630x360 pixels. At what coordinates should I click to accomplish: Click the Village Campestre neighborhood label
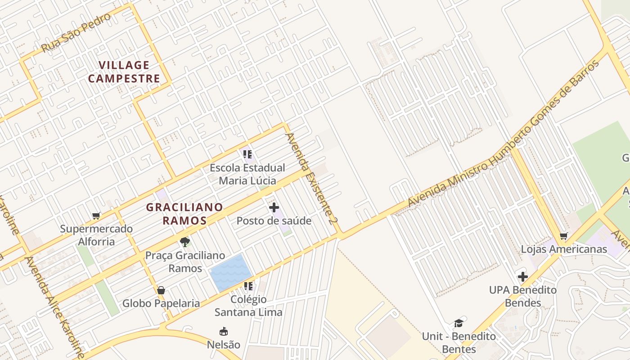(124, 72)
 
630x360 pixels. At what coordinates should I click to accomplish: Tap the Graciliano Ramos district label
(184, 214)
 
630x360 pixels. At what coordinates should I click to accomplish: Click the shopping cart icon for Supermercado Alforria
(96, 216)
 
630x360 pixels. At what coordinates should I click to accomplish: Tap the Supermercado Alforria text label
(96, 235)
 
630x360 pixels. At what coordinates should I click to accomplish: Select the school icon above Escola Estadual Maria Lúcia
(247, 155)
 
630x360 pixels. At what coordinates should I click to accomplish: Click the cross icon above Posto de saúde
(274, 207)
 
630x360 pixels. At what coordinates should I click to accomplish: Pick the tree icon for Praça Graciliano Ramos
(184, 242)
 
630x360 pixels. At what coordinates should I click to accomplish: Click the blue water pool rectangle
(231, 272)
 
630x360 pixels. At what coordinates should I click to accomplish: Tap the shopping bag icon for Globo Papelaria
(161, 290)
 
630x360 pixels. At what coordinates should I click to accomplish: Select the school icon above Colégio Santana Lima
(248, 286)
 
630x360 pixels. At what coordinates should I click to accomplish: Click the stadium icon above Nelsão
(223, 332)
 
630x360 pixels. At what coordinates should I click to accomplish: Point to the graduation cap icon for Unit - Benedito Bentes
(459, 323)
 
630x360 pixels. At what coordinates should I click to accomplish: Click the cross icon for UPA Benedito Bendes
(522, 277)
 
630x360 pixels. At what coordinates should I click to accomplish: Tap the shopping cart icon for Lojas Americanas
(563, 236)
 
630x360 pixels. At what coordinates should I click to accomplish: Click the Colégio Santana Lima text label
(248, 306)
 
